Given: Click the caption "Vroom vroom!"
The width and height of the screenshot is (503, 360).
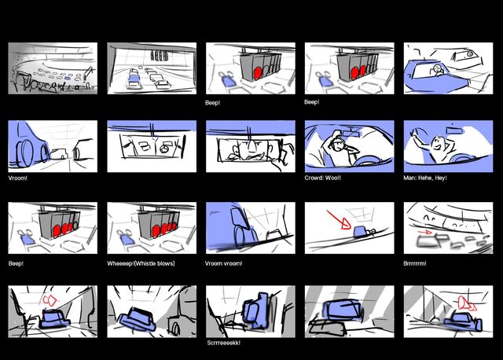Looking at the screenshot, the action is (223, 263).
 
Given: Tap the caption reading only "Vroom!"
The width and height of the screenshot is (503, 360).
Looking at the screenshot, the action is (18, 178).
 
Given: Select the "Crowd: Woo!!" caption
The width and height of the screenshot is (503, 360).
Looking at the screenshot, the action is (322, 178).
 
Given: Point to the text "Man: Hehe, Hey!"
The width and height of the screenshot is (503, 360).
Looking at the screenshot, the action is (425, 178).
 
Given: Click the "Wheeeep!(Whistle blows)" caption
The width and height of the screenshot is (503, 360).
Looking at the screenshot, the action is (141, 263).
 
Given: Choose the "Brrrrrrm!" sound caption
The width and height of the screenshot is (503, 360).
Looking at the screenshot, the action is (415, 263).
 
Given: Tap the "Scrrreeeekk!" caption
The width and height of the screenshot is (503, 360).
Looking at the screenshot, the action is (223, 343).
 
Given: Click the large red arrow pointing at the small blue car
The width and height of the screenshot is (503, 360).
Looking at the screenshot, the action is (339, 220).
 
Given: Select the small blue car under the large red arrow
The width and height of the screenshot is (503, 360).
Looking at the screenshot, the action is (360, 232).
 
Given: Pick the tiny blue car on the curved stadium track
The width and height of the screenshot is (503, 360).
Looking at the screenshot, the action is (68, 78).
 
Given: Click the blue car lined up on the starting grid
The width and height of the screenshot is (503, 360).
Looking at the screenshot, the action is (134, 78).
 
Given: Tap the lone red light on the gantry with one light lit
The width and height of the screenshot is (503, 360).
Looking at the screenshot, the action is (257, 73).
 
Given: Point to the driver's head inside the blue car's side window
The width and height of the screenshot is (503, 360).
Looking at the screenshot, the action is (437, 68).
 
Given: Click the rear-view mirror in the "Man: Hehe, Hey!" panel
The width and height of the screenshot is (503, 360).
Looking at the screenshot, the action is (456, 130).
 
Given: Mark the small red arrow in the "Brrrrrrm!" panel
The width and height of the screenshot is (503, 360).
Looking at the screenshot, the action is (425, 232).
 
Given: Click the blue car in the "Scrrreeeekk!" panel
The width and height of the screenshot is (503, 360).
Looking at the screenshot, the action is (256, 310).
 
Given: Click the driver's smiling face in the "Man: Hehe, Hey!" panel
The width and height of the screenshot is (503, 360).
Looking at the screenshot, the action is (438, 145).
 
